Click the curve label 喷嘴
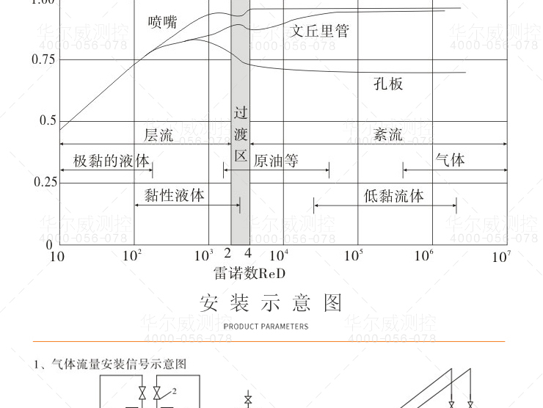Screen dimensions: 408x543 pos(162,22)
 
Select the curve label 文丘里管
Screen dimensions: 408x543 pos(320,31)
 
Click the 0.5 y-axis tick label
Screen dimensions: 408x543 pos(47,120)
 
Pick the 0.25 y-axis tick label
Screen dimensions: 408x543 pos(43,182)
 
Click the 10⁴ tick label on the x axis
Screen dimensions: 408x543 pos(280,255)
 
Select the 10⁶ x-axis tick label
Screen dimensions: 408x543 pos(423,255)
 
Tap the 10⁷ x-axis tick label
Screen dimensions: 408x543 pos(501,256)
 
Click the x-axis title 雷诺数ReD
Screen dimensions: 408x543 pos(249,274)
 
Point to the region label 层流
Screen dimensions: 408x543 pos(159,135)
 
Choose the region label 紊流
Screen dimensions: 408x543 pos(388,135)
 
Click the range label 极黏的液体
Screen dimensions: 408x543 pos(111,161)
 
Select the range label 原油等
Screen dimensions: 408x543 pos(276,161)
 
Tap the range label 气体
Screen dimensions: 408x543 pos(450,159)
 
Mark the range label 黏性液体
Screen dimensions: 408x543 pos(175,195)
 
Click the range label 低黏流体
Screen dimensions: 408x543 pos(394,196)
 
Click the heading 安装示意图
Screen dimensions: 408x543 pos(271,303)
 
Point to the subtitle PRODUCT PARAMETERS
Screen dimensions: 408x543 pos(266,327)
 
